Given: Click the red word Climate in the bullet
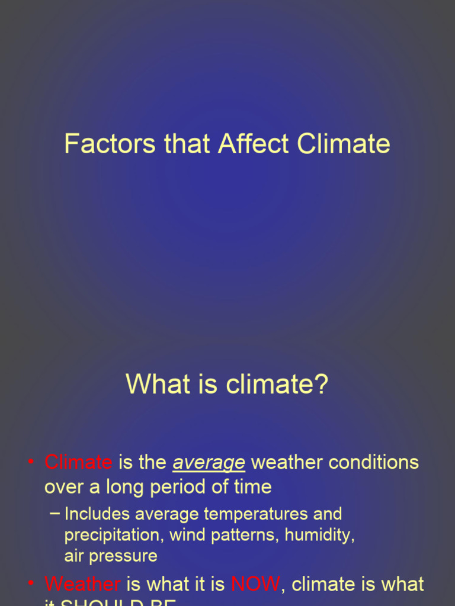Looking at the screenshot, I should tap(78, 462).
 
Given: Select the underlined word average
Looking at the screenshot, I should tap(209, 463).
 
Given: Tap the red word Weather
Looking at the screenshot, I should tap(82, 584).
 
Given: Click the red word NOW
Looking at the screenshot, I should tap(255, 584).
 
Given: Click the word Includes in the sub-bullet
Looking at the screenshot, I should tap(97, 514).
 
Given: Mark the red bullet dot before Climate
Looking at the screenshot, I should tap(30, 462).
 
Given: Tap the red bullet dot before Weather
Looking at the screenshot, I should tap(30, 584).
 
